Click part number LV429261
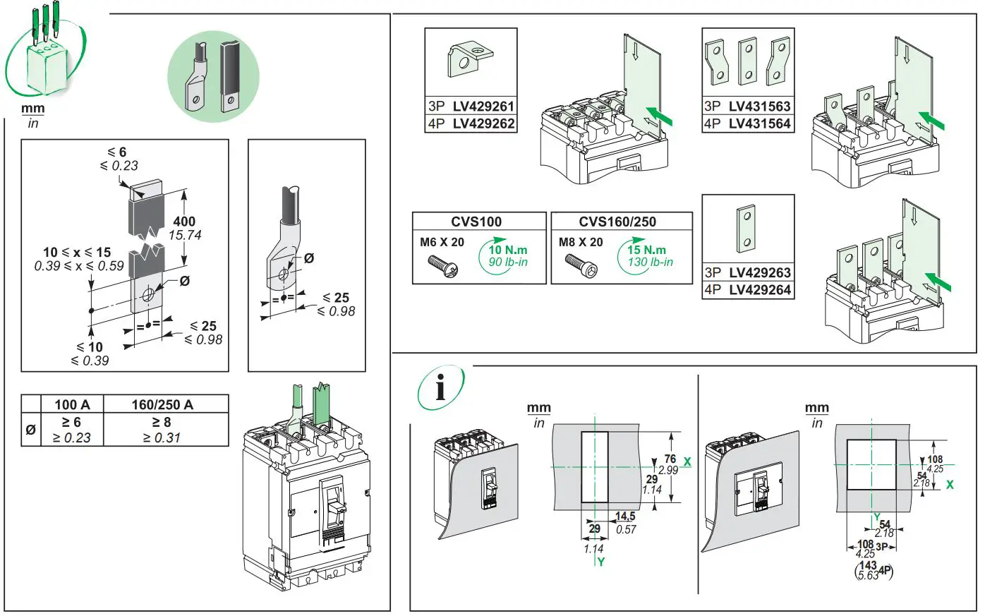click(483, 107)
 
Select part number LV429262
click(483, 124)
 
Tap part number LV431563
click(759, 107)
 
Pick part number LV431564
click(759, 124)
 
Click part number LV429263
click(759, 272)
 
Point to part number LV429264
click(759, 290)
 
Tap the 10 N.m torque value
click(508, 250)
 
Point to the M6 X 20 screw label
click(442, 242)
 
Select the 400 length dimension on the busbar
click(184, 222)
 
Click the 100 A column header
click(73, 404)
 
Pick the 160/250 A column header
click(162, 404)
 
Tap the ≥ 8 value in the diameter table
click(162, 422)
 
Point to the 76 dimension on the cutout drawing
click(670, 459)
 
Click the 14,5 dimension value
click(625, 517)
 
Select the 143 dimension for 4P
click(868, 565)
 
